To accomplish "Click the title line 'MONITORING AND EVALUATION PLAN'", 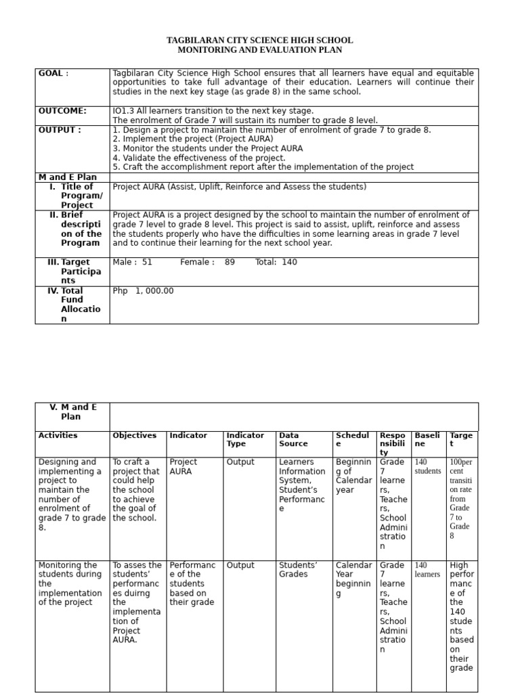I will click(259, 50).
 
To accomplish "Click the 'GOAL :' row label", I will click(53, 73).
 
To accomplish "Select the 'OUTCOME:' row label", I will click(62, 111).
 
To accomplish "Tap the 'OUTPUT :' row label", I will click(60, 130).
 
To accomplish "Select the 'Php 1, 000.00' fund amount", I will click(143, 291).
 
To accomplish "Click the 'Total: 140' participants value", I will click(276, 262).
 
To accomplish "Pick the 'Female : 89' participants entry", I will click(207, 262).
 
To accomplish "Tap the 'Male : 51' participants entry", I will click(132, 262).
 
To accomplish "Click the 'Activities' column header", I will click(58, 436).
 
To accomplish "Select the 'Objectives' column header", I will click(134, 436).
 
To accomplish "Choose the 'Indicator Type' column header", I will click(245, 440).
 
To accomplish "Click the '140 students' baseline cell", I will click(427, 466).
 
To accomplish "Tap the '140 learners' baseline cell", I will click(427, 570).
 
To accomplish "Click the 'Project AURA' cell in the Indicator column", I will click(183, 466).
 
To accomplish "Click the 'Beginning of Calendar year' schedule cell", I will click(353, 476).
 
